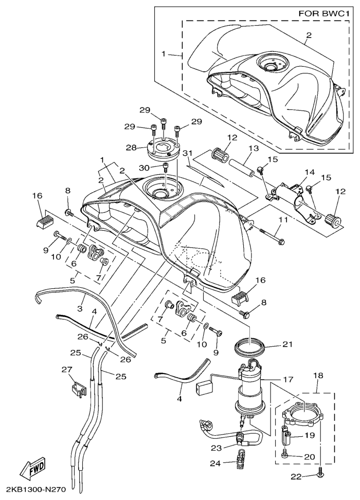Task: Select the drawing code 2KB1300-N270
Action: click(x=36, y=489)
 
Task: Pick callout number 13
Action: click(x=252, y=149)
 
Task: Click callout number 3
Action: click(x=80, y=309)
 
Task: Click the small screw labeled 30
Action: click(x=166, y=167)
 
